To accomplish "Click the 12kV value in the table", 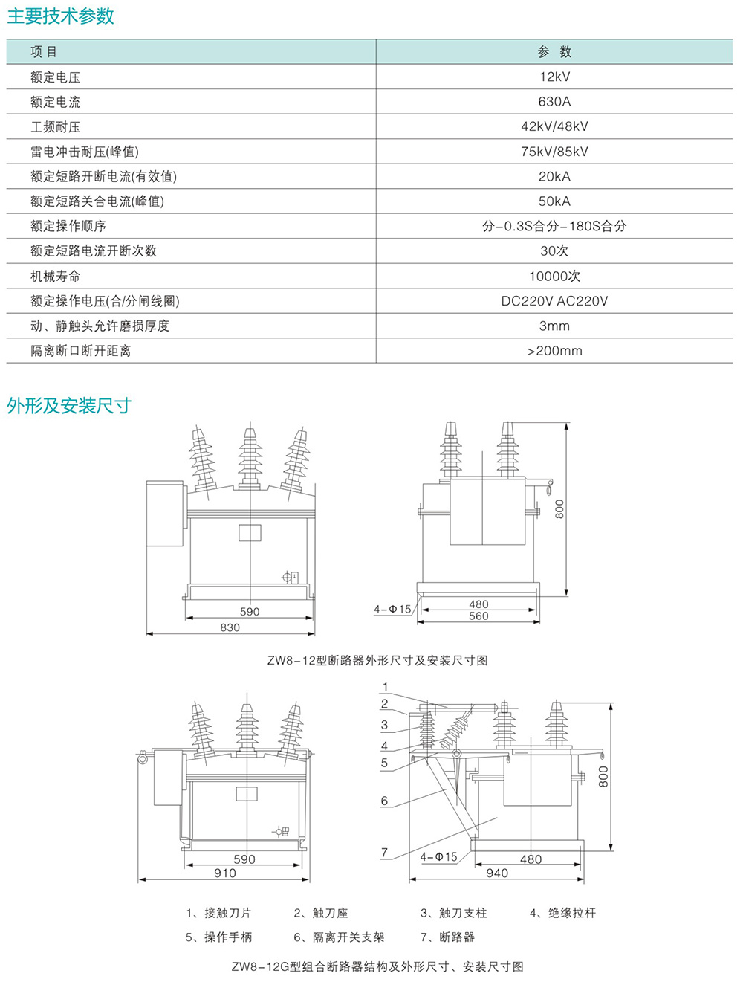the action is (555, 77).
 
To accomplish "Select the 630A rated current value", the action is (555, 102).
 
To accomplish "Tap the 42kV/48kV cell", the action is (555, 126).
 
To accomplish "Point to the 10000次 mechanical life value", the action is (555, 276).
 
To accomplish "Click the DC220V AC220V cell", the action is (555, 301).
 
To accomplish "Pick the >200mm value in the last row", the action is (555, 351).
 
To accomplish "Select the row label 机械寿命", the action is (55, 277).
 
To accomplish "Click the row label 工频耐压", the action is (55, 127).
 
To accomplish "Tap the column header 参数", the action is (555, 52).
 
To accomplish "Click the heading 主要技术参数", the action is (60, 16).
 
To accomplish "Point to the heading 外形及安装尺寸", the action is (69, 406).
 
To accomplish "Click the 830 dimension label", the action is (230, 627).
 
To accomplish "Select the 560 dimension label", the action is (478, 616).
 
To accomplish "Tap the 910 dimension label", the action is (224, 873).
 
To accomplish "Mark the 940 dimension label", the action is (497, 873).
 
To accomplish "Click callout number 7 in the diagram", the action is (384, 852).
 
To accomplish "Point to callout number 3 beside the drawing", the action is (384, 725).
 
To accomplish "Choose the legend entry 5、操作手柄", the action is (219, 937).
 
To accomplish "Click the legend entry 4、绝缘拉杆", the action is (562, 913).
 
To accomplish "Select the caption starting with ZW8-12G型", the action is (377, 966).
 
